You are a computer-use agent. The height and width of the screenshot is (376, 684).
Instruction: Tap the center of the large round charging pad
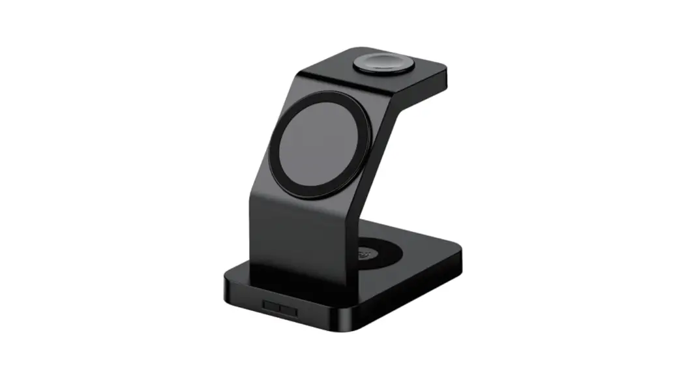pyautogui.click(x=320, y=144)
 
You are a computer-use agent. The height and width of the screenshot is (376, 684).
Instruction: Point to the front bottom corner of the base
pyautogui.click(x=346, y=326)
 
